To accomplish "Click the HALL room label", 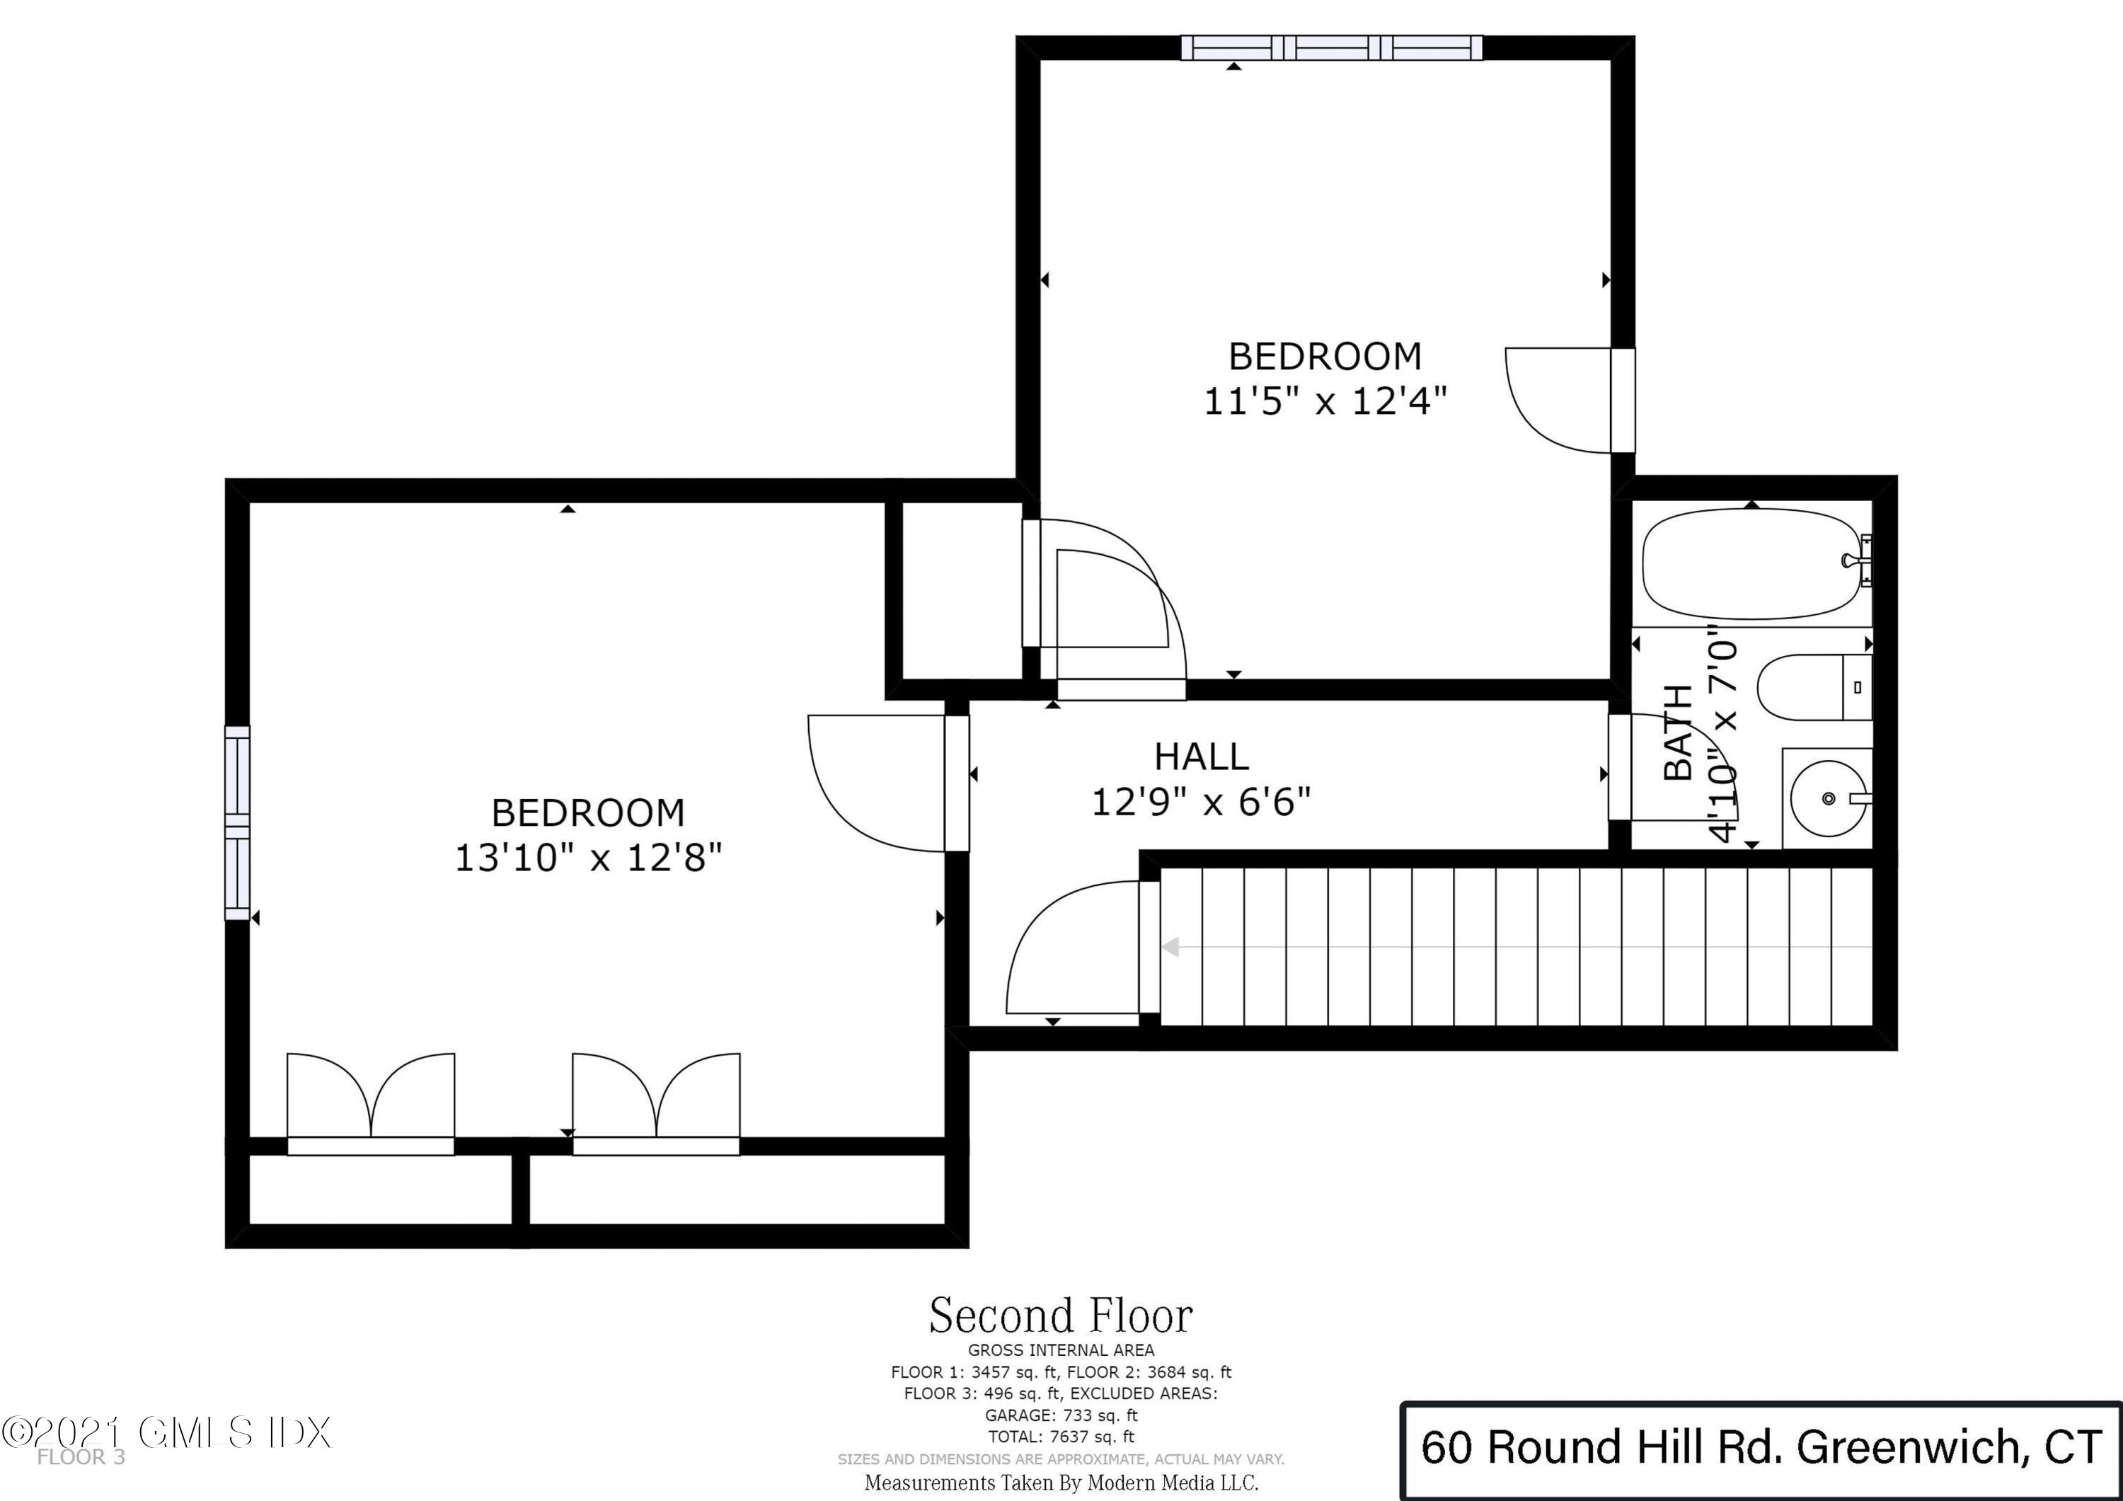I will (x=1201, y=757).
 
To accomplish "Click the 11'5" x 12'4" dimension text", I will (x=1324, y=401).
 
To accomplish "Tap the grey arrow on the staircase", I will (x=1171, y=947).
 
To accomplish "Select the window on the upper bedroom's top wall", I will (x=1332, y=48).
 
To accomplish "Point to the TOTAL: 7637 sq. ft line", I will (x=1061, y=1437).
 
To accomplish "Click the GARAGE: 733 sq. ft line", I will (x=1061, y=1415).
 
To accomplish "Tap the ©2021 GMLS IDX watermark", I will (x=166, y=1432).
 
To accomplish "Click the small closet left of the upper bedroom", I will (x=962, y=592).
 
